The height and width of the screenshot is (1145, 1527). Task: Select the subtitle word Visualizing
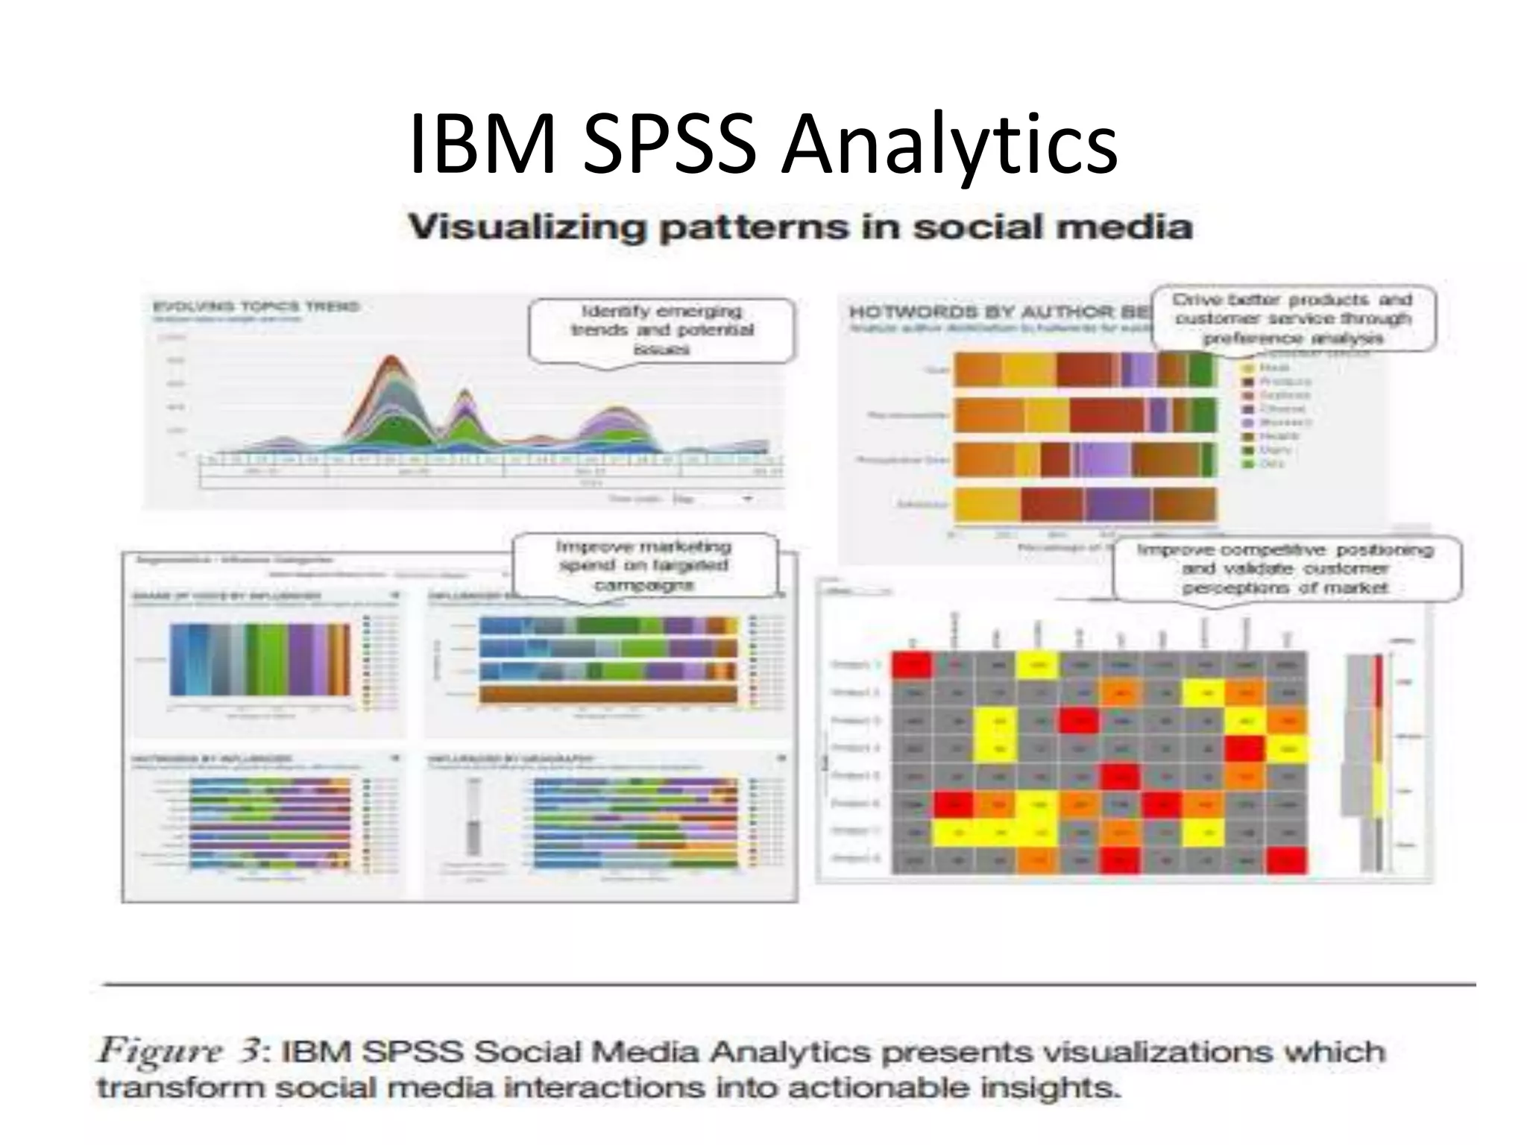[526, 227]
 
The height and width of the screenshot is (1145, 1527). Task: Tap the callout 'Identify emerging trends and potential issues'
[662, 330]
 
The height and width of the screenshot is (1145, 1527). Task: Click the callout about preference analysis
[1292, 319]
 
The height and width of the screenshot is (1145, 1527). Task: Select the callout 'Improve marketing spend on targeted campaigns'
[643, 566]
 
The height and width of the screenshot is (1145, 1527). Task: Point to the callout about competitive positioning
[1285, 569]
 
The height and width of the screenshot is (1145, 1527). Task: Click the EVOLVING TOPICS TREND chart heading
[256, 306]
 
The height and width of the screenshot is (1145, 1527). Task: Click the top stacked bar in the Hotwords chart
[1085, 370]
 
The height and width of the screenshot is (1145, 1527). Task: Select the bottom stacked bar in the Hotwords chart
[1085, 505]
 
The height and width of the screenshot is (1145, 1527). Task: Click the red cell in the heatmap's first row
[912, 665]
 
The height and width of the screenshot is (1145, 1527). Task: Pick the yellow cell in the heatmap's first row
[1039, 665]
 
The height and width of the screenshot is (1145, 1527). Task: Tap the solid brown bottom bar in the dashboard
[608, 694]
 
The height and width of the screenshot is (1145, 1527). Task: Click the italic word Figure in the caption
[160, 1052]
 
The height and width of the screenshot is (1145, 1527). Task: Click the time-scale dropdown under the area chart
[712, 499]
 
